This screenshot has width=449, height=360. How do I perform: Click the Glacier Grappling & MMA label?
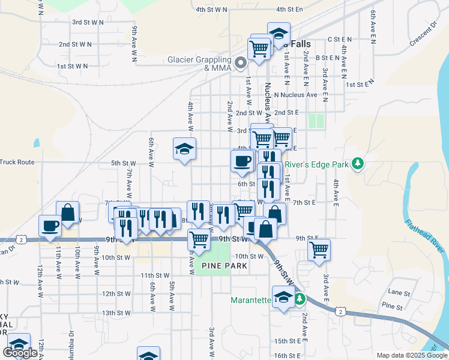pos(199,64)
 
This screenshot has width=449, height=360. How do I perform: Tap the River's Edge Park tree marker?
pos(358,163)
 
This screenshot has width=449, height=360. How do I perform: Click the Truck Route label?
pos(17,162)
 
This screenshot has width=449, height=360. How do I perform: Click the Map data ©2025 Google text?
pos(411,355)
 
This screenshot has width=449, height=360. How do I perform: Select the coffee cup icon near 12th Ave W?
pos(50,226)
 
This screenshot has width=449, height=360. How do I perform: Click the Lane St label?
pos(399,293)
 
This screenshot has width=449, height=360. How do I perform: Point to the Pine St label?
pos(391,307)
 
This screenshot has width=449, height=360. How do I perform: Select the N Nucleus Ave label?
pos(295,95)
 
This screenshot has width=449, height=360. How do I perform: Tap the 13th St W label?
pos(116,313)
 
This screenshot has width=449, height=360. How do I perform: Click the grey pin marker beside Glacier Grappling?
pos(241,62)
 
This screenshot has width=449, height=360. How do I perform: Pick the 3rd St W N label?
pos(88,22)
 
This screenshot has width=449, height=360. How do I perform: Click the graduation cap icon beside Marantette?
pos(283,297)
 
